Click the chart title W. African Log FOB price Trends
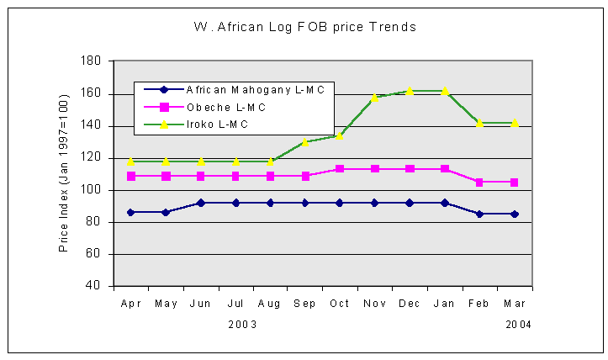point(304,27)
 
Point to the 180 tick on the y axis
point(93,61)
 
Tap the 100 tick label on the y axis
point(93,190)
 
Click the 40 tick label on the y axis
point(97,286)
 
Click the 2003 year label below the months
point(242,323)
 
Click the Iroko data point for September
point(305,141)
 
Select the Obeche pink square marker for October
point(340,169)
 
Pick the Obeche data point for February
point(479,182)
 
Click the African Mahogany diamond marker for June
point(200,203)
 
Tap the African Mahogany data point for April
point(130,212)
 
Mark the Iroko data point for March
point(514,123)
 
